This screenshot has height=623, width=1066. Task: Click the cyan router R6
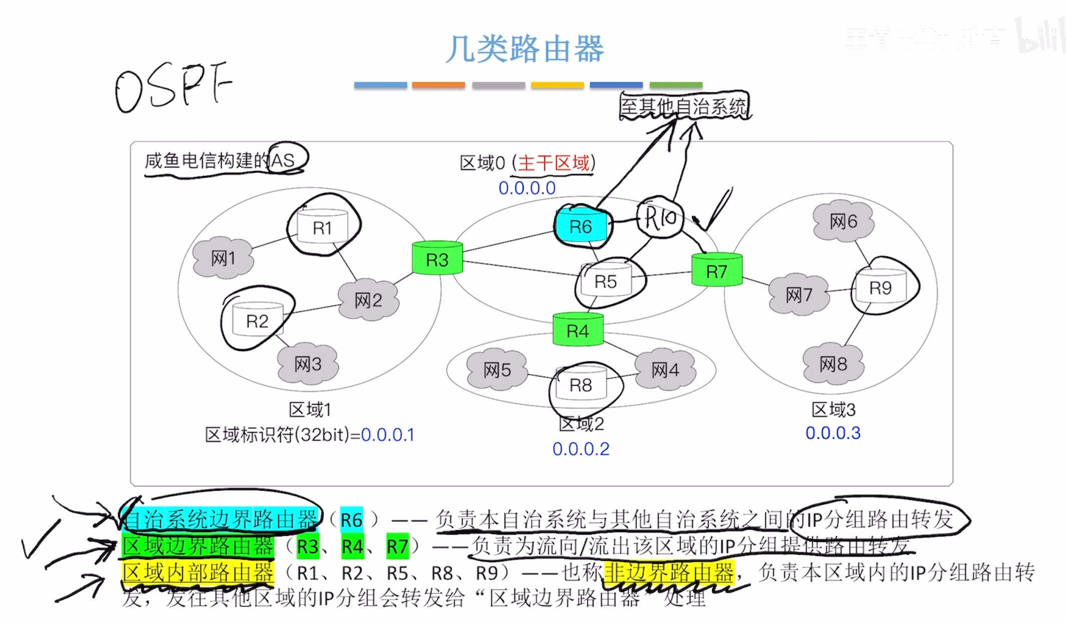581,226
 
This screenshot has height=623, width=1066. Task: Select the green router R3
437,259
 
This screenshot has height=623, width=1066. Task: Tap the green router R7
717,271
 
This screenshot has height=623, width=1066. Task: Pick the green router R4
578,330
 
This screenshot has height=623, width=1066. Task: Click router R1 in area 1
322,227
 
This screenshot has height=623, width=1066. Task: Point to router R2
257,320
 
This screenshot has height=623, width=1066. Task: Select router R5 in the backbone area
606,281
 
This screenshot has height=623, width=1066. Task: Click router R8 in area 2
581,385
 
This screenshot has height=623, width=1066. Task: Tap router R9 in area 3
880,287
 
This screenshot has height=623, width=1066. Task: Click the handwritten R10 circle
660,217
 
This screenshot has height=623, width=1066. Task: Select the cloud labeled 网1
223,258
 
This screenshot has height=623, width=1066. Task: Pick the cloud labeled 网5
497,370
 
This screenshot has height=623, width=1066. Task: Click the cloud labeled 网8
833,364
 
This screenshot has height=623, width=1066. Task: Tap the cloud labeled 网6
843,221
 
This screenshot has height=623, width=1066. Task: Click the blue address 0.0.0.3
833,433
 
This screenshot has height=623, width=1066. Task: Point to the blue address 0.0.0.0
527,188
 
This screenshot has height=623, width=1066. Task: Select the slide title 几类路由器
525,49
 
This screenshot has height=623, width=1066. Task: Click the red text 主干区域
554,163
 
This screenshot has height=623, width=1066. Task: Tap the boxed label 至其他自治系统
684,106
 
